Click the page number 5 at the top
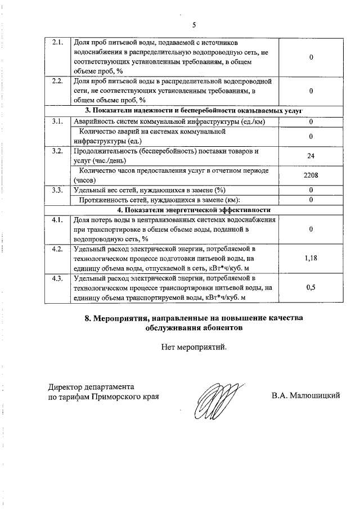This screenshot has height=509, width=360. pyautogui.click(x=193, y=25)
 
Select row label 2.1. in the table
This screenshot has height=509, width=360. pyautogui.click(x=57, y=43)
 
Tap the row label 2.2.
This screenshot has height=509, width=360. pyautogui.click(x=57, y=81)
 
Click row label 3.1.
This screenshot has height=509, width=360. pyautogui.click(x=57, y=122)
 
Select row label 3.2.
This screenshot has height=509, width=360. pyautogui.click(x=57, y=151)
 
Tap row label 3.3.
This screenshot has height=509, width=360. pyautogui.click(x=57, y=190)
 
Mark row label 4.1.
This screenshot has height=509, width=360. pyautogui.click(x=57, y=220)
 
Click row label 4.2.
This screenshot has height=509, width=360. pyautogui.click(x=57, y=249)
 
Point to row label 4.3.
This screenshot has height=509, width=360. pyautogui.click(x=57, y=278)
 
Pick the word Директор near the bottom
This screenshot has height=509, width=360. pyautogui.click(x=65, y=387)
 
